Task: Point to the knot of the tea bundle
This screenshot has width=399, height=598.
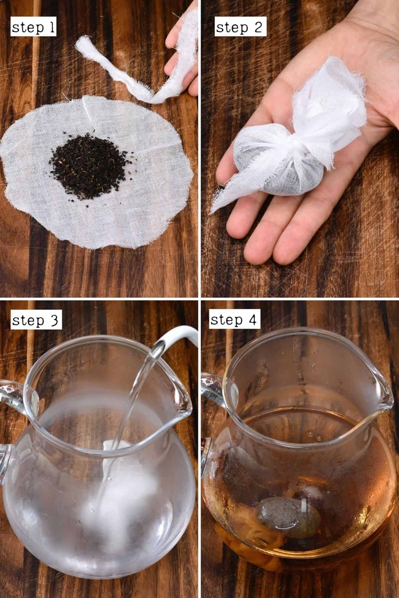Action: click(x=307, y=151)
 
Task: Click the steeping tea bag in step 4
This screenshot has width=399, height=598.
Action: click(x=282, y=512)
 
